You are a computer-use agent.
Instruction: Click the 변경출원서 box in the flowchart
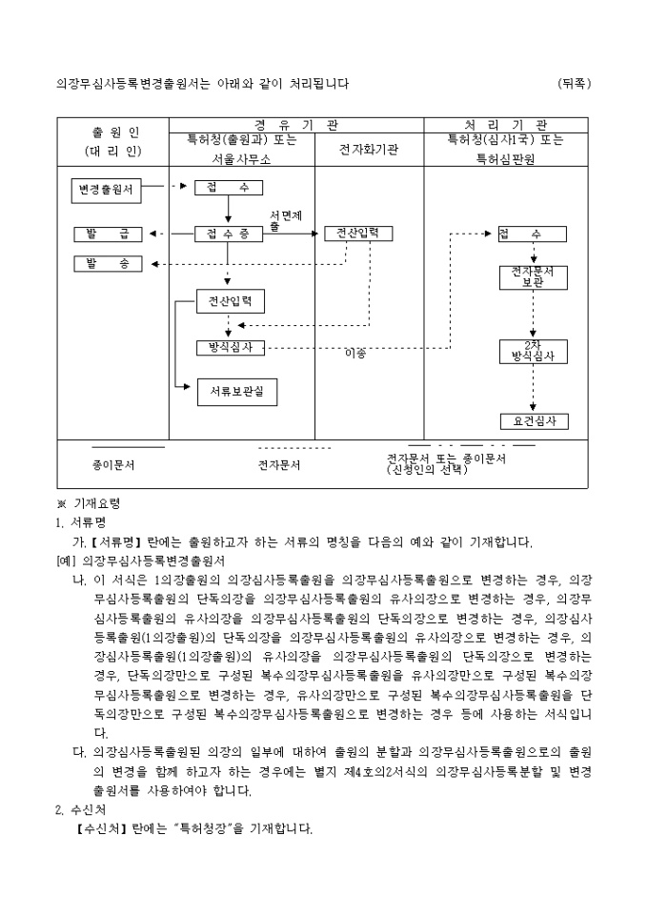(x=107, y=189)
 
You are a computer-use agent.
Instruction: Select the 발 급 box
(x=107, y=234)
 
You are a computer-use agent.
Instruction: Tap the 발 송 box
(x=107, y=263)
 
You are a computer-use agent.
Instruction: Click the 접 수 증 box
(x=229, y=234)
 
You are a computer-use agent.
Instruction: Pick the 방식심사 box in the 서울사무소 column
(x=229, y=348)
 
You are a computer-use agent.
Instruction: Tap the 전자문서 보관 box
(x=533, y=276)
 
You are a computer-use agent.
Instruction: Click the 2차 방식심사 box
(x=533, y=351)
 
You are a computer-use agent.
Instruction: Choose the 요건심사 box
(x=533, y=420)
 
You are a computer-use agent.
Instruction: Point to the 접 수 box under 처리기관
(x=532, y=234)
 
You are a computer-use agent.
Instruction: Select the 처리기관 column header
(x=506, y=125)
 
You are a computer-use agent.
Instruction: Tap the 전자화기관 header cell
(x=369, y=150)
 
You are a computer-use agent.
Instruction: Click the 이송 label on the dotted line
(x=355, y=354)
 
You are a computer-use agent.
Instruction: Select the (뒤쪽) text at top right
(x=575, y=83)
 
